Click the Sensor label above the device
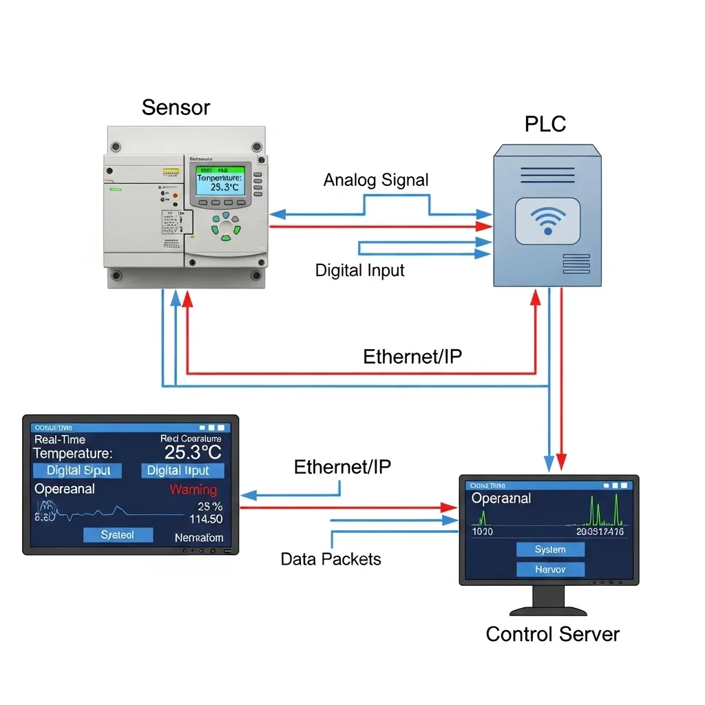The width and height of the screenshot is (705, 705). point(176,107)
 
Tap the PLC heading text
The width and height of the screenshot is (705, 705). point(545,124)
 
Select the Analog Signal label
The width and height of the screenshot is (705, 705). point(376,180)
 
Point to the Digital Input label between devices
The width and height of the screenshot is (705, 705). point(359,270)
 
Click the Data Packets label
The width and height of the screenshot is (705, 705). point(330,558)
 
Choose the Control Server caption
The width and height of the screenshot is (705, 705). point(552,634)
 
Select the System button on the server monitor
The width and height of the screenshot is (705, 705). point(550,549)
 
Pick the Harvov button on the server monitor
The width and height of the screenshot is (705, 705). point(550,569)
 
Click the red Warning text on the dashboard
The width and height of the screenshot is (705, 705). point(193,490)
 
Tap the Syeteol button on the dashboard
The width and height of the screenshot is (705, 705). point(117,535)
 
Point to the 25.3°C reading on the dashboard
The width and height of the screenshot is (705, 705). point(193,452)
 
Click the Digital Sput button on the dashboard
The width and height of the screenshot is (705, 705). point(78,471)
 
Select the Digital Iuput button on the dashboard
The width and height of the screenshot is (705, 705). point(182,471)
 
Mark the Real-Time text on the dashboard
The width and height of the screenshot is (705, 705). point(60,439)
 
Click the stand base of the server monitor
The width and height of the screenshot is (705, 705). point(548,610)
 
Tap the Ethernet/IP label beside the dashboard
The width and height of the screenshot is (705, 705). point(342,467)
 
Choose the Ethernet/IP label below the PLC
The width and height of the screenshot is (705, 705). point(412,357)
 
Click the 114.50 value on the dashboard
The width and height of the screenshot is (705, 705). point(205,519)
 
